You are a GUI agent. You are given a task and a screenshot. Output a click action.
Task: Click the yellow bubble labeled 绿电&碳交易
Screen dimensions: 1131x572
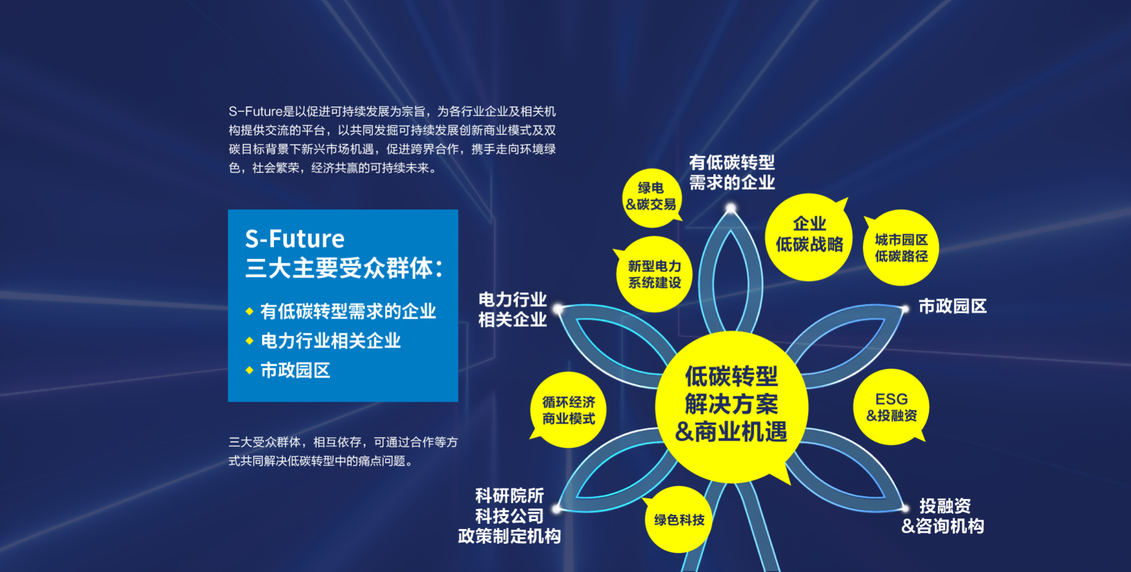[x=651, y=198]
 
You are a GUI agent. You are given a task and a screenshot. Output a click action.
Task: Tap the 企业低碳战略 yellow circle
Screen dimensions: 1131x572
[x=809, y=236]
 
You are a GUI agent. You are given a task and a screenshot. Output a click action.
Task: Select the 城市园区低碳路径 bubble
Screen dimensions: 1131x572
[x=901, y=248]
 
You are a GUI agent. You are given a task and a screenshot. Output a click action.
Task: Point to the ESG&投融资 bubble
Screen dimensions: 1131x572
[x=891, y=407]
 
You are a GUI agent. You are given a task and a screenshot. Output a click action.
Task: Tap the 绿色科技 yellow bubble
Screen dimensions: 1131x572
[x=678, y=520]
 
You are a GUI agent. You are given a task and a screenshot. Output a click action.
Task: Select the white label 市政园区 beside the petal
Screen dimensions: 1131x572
[x=952, y=306]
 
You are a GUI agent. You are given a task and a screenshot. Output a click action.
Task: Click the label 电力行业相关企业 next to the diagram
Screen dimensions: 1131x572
[x=512, y=310]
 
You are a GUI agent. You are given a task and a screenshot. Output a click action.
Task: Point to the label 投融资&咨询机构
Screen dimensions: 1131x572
[x=943, y=516]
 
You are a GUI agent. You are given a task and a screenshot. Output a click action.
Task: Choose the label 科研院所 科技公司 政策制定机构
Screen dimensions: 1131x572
[x=509, y=516]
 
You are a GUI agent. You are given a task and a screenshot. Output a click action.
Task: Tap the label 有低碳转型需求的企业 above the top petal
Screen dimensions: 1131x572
[x=732, y=173]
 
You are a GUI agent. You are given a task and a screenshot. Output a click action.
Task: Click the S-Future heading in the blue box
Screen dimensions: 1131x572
[x=295, y=239]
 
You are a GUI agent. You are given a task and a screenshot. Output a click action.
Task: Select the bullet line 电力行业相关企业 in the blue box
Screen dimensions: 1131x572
[x=331, y=341]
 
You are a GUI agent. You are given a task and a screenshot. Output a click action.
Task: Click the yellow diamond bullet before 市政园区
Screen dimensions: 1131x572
[x=249, y=370]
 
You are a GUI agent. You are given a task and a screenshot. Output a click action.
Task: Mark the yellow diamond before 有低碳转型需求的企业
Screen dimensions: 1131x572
[x=249, y=311]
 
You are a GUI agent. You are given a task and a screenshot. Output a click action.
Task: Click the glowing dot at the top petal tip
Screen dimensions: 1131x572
[x=731, y=208]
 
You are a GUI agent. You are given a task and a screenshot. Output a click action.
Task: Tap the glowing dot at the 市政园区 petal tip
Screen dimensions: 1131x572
[x=905, y=309]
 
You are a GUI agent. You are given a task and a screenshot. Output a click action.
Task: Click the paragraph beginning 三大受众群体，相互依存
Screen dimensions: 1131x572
[x=343, y=451]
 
